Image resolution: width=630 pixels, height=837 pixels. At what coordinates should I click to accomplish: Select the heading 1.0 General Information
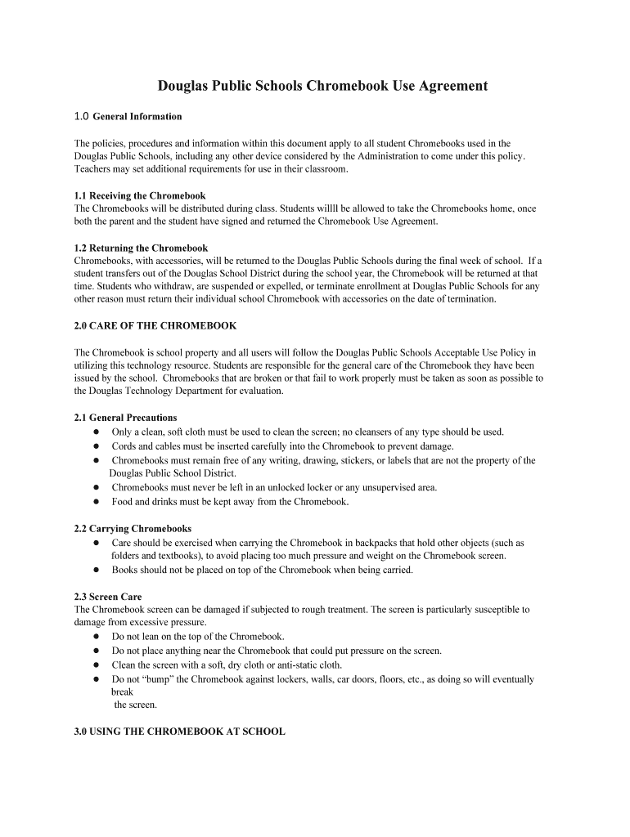pos(128,116)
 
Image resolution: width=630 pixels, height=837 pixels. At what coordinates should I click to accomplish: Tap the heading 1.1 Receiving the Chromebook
pos(140,196)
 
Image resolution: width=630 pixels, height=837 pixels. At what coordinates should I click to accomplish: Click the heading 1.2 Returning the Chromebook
pos(141,248)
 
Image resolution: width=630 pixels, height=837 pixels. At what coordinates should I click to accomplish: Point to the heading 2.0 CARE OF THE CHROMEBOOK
pos(155,325)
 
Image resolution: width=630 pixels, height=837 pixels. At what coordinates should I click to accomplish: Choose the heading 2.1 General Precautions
pos(125,418)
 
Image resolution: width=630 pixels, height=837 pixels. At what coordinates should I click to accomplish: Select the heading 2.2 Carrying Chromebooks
pos(133,529)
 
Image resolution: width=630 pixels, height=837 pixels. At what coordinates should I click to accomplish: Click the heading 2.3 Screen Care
pos(107,597)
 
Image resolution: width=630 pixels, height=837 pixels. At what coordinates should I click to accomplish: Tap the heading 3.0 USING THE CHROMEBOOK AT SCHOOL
pos(179,732)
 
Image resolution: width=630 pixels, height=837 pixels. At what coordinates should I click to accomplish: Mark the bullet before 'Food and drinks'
pos(96,502)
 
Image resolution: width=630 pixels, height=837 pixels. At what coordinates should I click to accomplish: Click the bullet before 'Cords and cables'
pos(96,446)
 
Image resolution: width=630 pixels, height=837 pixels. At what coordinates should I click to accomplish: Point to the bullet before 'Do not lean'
pos(96,637)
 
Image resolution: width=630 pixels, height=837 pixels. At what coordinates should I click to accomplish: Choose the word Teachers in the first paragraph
pos(92,169)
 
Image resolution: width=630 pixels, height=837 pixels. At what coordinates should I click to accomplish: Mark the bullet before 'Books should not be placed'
pos(96,570)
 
